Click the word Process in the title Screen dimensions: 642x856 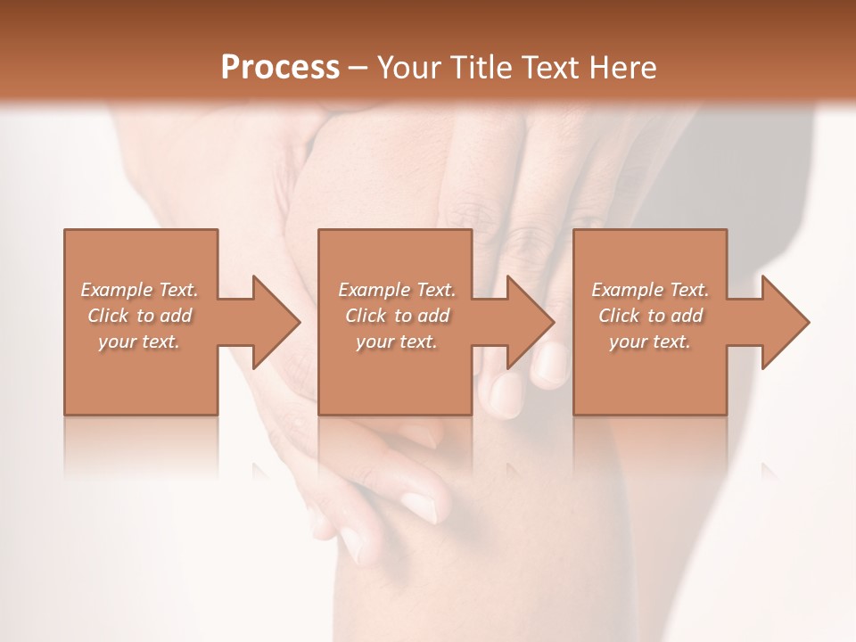[x=280, y=67]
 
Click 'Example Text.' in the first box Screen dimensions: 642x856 [x=139, y=290]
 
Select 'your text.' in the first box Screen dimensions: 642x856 [x=139, y=342]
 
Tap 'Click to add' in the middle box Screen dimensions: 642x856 [x=397, y=316]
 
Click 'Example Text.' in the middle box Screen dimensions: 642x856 [x=397, y=290]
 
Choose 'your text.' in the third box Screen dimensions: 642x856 [x=650, y=342]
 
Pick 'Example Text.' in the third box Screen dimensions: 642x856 [x=650, y=290]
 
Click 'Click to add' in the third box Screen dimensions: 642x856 [x=650, y=316]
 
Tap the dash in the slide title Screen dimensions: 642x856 [x=358, y=69]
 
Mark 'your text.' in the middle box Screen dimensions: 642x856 [x=397, y=342]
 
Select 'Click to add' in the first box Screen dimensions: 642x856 [x=139, y=316]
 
